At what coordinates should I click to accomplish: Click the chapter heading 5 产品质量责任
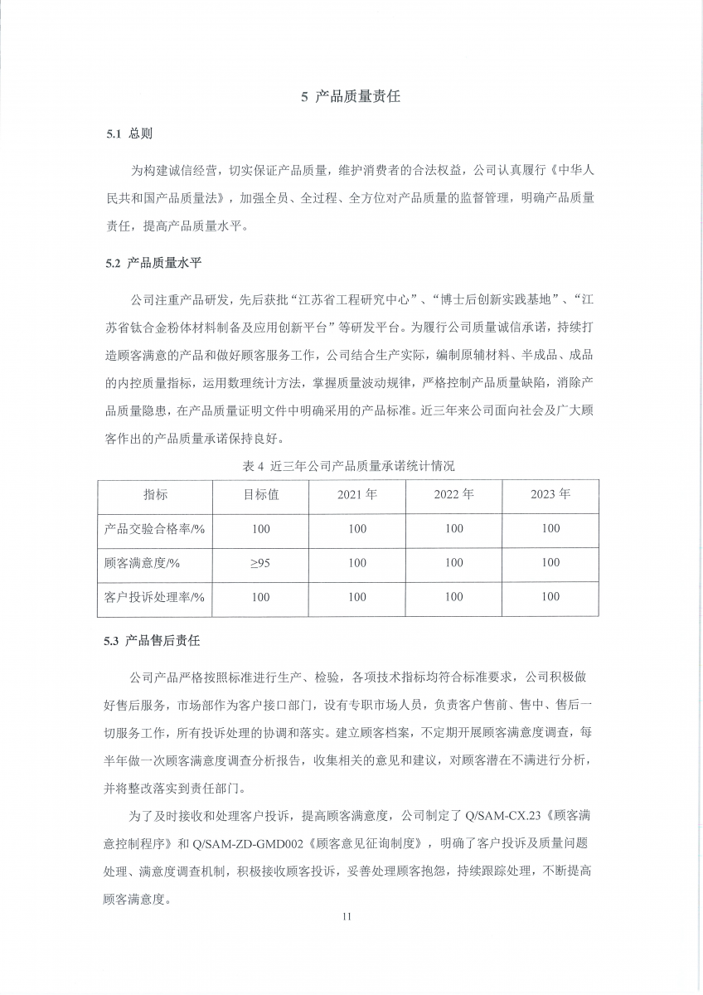tap(351, 97)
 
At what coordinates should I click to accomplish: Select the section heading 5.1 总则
tap(128, 133)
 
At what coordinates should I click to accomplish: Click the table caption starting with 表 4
tap(349, 466)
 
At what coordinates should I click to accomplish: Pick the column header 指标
tap(155, 495)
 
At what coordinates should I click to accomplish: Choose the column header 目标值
tap(260, 495)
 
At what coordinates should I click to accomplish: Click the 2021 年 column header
tap(357, 495)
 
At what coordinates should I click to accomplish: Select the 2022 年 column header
tap(453, 495)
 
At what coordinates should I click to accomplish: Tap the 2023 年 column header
tap(550, 495)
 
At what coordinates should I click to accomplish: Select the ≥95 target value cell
tap(260, 563)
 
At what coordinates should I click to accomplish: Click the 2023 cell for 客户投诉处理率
tap(550, 597)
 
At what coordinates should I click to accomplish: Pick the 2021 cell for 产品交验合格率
tap(357, 529)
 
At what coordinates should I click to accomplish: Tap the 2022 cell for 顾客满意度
tap(453, 563)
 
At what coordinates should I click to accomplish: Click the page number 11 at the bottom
tap(347, 916)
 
